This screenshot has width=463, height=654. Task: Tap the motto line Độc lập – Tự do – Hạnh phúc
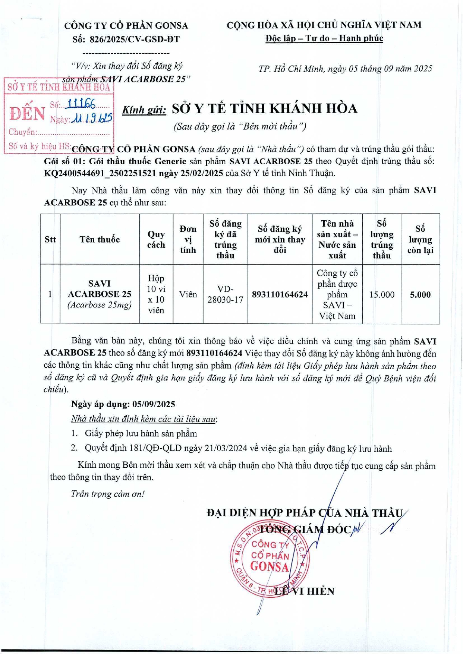(324, 38)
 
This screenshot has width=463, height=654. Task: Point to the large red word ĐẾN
(27, 113)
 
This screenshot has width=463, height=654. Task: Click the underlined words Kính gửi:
(144, 110)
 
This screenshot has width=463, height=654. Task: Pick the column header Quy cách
(156, 239)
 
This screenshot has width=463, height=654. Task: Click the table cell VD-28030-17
(225, 294)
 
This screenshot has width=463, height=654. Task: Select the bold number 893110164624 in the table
(280, 294)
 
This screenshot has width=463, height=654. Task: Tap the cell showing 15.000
(381, 294)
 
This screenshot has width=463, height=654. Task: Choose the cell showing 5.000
(420, 294)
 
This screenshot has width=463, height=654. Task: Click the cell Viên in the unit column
(188, 294)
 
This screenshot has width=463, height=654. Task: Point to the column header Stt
(50, 239)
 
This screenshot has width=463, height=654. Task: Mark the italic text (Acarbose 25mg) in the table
(100, 305)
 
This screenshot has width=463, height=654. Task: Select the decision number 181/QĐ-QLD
(160, 448)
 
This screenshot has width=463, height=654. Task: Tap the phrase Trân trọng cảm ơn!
(107, 494)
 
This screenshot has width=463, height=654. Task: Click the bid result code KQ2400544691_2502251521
(100, 173)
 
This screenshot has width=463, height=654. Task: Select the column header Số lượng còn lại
(420, 239)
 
